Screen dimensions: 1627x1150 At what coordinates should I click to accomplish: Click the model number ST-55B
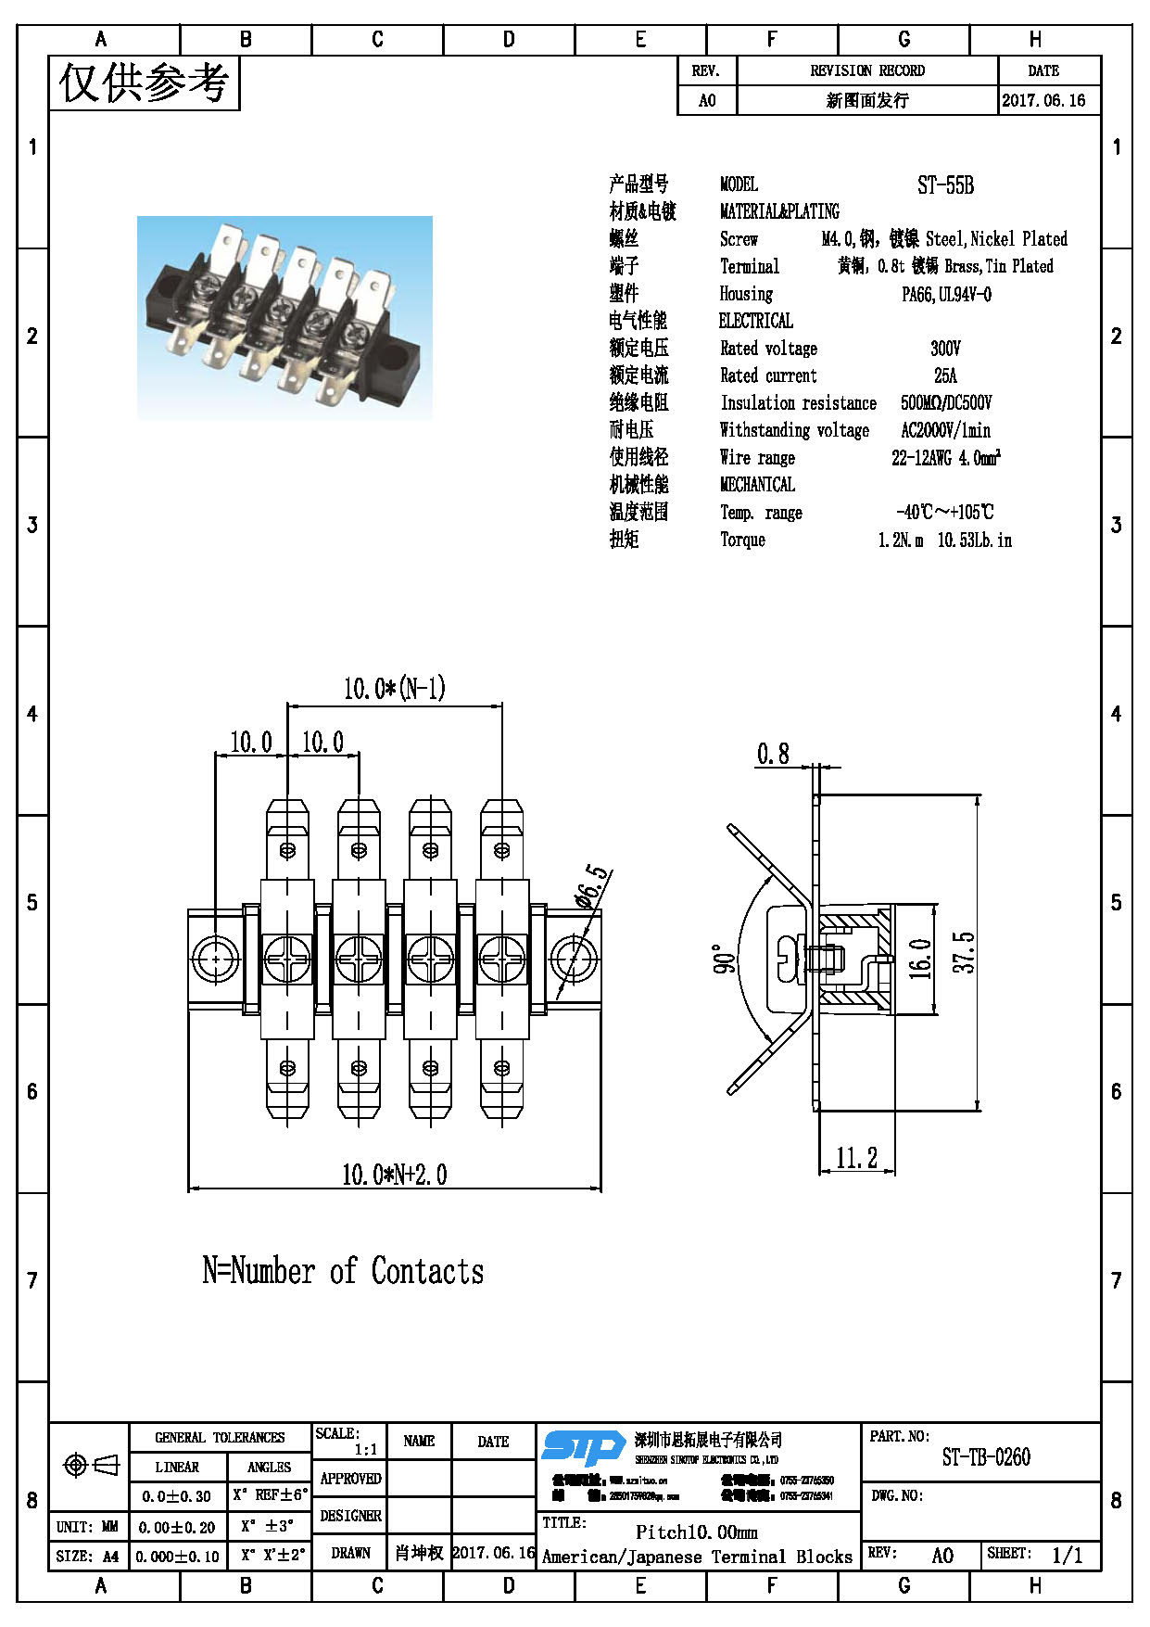[945, 185]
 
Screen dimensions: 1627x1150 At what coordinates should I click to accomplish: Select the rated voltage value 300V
[945, 349]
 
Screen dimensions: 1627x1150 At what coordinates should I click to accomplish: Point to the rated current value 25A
[945, 375]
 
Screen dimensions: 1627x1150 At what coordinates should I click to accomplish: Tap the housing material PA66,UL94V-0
[946, 295]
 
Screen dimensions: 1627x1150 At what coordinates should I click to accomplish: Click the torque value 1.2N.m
[900, 540]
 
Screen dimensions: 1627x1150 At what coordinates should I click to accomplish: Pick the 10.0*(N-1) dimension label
[394, 689]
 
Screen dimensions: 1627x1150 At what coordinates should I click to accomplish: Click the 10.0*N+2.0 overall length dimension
[394, 1175]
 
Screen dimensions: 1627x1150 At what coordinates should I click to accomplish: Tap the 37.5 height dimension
[964, 952]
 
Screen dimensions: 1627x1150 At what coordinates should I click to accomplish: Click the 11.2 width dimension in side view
[856, 1158]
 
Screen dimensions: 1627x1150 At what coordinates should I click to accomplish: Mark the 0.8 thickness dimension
[773, 754]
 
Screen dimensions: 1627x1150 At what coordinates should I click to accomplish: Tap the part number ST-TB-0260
[986, 1457]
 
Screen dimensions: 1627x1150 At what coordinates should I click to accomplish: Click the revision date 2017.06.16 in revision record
[1043, 101]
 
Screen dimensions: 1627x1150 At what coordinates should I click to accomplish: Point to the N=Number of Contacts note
[343, 1271]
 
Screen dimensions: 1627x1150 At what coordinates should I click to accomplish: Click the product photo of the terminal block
[284, 318]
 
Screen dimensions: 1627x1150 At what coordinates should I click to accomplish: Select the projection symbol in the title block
[90, 1465]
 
